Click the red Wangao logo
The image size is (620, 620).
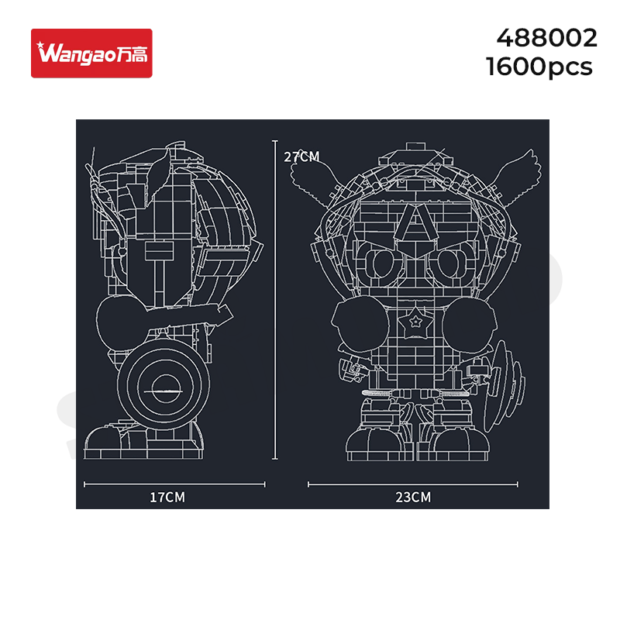click(91, 53)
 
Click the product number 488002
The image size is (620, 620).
click(547, 38)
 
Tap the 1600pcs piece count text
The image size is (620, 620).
click(539, 67)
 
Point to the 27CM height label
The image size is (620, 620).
click(301, 157)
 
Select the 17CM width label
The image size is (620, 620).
click(167, 497)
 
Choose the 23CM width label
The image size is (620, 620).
click(413, 497)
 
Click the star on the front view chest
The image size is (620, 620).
click(415, 322)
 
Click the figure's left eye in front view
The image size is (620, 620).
click(381, 263)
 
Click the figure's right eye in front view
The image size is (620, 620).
click(447, 263)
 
